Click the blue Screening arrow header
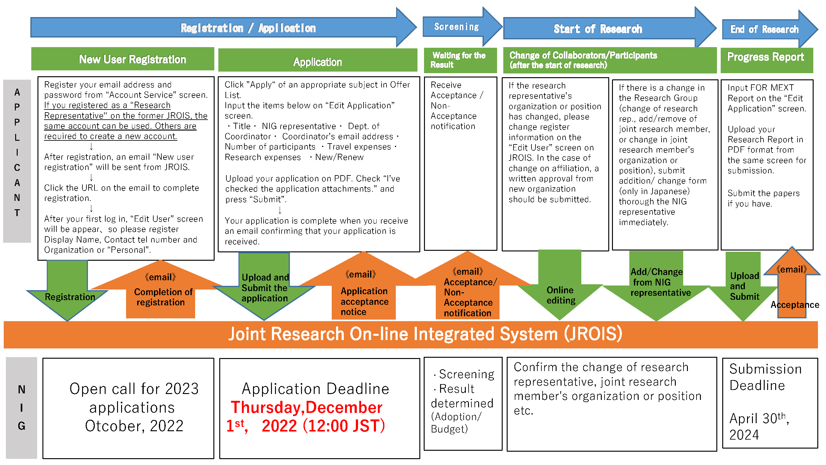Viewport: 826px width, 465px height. tap(457, 27)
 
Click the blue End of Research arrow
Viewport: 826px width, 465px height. tap(765, 29)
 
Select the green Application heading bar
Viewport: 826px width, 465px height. tap(317, 62)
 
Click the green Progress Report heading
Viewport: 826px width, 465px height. tap(766, 57)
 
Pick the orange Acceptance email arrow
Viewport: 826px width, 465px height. tap(792, 289)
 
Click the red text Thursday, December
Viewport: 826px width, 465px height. tap(307, 408)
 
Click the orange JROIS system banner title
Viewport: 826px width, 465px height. tap(425, 334)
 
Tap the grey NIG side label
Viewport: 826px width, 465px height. tap(21, 407)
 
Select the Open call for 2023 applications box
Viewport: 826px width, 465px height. tap(128, 408)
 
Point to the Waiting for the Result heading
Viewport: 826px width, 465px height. tap(459, 60)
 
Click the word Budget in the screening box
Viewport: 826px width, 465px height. tap(449, 429)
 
